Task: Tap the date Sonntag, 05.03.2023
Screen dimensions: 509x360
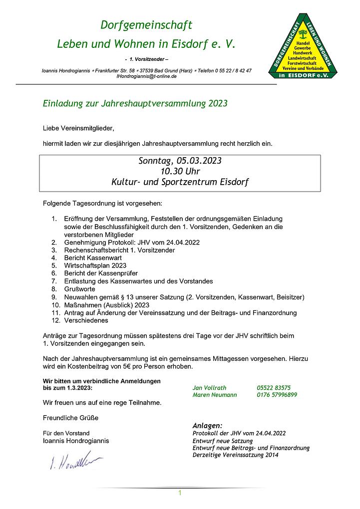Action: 180,161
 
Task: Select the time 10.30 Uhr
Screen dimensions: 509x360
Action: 180,172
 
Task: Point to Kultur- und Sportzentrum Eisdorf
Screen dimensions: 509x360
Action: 180,182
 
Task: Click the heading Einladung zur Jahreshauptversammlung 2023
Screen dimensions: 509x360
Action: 135,104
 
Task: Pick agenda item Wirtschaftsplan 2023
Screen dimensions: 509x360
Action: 95,265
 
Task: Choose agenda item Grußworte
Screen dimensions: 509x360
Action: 80,289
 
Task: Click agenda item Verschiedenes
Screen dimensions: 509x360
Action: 86,320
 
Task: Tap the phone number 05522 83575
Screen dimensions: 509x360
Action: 274,388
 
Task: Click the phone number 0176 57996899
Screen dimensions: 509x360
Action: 277,395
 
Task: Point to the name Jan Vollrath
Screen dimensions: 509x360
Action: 209,388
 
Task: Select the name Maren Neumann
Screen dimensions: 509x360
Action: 215,395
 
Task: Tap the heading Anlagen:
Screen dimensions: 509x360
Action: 207,426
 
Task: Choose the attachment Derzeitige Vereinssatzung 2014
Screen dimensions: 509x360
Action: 236,455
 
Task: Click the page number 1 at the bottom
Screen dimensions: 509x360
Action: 180,493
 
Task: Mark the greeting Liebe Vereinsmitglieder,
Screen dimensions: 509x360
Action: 78,128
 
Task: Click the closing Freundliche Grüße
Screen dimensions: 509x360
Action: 70,418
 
